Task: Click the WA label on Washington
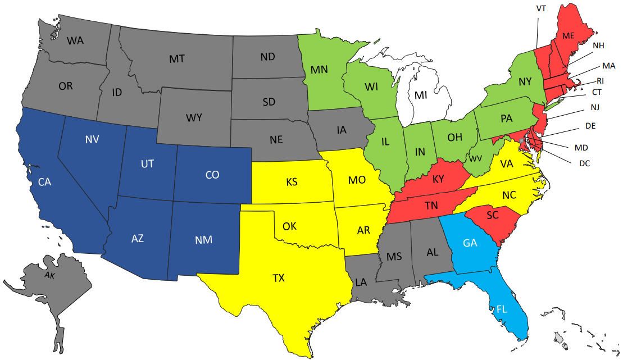click(76, 40)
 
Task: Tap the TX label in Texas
click(279, 277)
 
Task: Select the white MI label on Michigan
click(421, 95)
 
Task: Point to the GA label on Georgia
click(470, 243)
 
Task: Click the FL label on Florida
click(503, 308)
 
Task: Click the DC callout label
click(585, 163)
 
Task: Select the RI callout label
click(600, 80)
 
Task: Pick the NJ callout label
click(595, 107)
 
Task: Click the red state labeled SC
click(493, 215)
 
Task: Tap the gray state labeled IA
click(342, 130)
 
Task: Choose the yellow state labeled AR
click(363, 230)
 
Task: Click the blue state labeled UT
click(147, 165)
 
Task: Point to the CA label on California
click(46, 182)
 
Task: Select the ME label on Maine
click(569, 35)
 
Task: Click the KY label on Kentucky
click(439, 180)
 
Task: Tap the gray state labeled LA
click(361, 282)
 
